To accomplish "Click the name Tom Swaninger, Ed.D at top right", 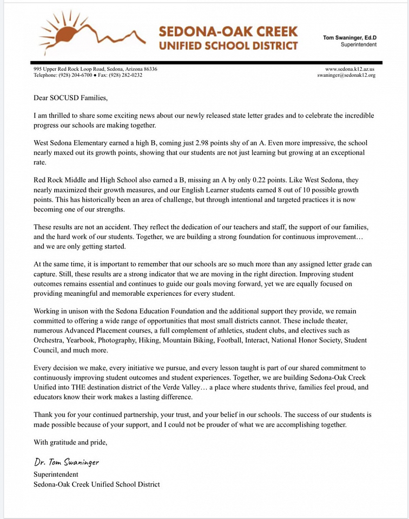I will [349, 37].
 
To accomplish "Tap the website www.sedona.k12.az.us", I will [350, 69].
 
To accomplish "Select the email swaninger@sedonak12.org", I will [346, 75].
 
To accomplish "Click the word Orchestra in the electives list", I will [49, 341].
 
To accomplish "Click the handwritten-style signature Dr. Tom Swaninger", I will [66, 462].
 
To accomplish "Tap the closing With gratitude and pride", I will [70, 442].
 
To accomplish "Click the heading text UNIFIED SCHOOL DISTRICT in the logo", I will [228, 45].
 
